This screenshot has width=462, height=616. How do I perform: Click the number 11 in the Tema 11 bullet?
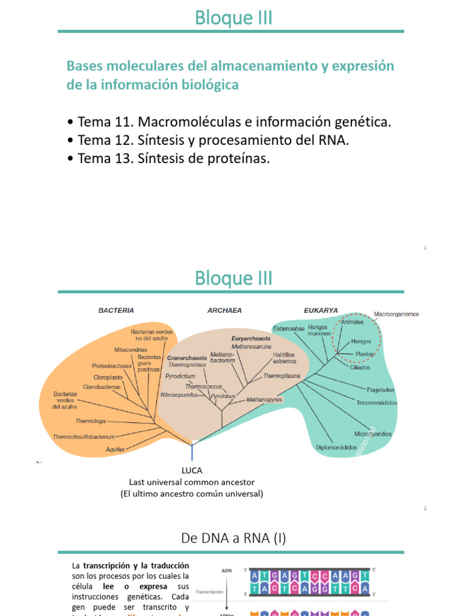coord(123,122)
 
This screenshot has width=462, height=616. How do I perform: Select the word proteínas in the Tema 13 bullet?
coord(238,159)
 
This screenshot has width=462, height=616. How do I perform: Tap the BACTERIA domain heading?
coord(116,310)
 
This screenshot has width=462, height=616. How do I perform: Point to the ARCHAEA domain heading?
coord(224,310)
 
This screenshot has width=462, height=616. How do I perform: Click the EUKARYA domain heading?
coord(321,310)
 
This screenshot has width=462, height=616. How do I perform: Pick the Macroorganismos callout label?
coord(396,314)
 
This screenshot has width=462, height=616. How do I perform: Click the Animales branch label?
coord(353,322)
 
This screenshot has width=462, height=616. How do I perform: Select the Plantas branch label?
coord(365,354)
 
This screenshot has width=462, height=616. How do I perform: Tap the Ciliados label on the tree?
coord(360,368)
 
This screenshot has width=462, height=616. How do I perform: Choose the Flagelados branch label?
coord(380,390)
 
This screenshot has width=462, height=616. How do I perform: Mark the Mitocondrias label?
coord(131,350)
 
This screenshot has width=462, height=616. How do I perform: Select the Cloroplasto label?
coord(108,377)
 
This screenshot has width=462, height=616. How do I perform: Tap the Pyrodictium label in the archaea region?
coord(180,375)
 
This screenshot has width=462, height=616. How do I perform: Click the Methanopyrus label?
coord(264,399)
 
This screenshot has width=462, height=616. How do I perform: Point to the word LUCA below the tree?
coord(192,470)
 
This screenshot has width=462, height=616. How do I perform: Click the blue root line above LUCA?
coord(192,452)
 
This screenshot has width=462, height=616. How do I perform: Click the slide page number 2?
coord(425,508)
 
